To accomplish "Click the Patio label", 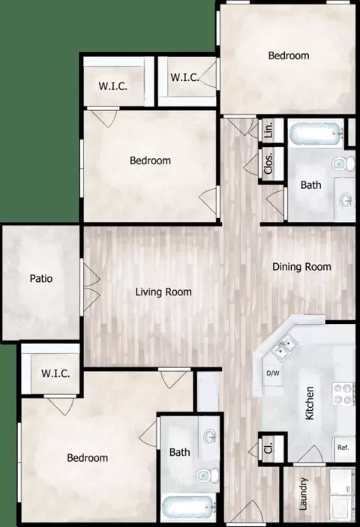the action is pos(41,279).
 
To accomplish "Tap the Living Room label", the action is pos(163,292).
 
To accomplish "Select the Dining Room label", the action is pos(301,267).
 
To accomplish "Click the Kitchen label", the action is pos(309,403).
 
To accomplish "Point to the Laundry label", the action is pos(303,494).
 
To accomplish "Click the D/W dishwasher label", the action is pos(273,373).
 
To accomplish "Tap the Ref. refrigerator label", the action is pos(343,448).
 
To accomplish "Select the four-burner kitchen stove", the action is pos(343,394).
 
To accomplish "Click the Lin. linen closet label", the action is pos(269,130).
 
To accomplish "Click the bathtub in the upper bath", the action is pos(316,134).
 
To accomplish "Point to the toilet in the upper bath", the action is pos(343,163).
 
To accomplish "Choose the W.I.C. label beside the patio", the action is pos(55,373).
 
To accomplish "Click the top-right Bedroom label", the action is pos(289,55).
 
